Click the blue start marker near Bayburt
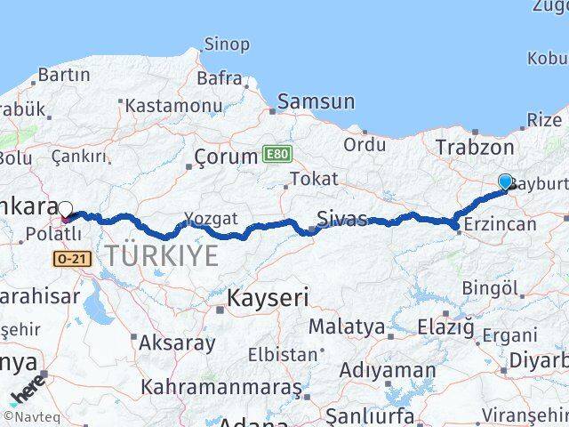point(506,181)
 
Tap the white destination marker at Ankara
point(65,210)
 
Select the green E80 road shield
point(276,155)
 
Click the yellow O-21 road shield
point(69,258)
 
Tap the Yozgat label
point(210,217)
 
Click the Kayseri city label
point(268,297)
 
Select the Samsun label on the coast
point(316,101)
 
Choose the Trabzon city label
point(474,148)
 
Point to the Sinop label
point(227,44)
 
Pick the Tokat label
point(313,179)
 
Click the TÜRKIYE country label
point(162,256)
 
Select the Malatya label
point(348,327)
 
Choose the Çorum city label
point(226,158)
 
